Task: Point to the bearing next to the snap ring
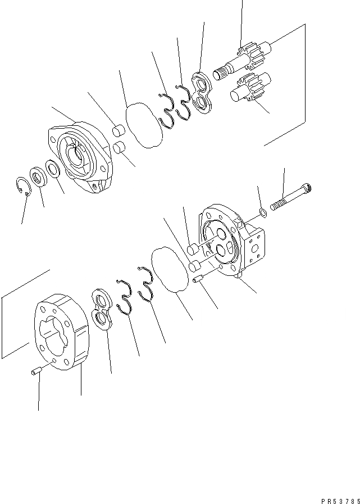pos(38,178)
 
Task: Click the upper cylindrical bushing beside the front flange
pos(119,132)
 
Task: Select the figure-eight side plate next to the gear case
pos(102,310)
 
